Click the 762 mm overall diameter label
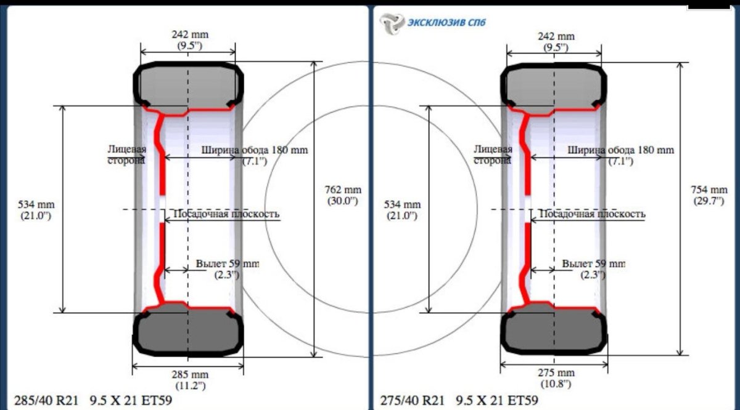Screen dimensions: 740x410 click(343, 195)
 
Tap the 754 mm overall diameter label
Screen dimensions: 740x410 click(709, 195)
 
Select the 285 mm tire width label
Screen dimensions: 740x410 click(190, 380)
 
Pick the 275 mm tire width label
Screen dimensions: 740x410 click(556, 379)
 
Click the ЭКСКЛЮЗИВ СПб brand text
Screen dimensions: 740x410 click(446, 22)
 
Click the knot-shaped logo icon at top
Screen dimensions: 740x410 click(392, 23)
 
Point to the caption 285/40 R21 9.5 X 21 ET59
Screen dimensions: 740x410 click(93, 400)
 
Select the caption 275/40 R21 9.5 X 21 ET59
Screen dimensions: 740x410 click(459, 400)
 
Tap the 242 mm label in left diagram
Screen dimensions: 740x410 click(190, 39)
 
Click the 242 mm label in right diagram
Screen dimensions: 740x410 click(556, 41)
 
